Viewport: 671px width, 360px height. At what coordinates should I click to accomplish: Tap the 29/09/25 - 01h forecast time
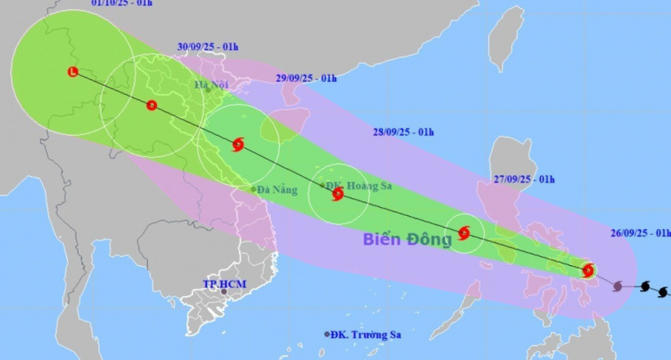tap(306, 78)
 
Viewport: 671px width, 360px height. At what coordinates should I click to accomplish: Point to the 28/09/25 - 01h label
tap(403, 132)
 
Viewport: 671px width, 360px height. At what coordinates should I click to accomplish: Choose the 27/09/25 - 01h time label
tap(525, 179)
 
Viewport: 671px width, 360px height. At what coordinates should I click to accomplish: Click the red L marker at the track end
tap(73, 72)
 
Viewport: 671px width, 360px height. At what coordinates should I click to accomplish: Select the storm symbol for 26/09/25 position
tap(588, 271)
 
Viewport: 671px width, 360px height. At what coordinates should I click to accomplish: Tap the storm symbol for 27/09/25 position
tap(464, 233)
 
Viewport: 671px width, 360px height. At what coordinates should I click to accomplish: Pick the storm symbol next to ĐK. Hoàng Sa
tap(337, 194)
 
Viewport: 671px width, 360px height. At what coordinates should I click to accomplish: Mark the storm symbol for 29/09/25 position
tap(237, 145)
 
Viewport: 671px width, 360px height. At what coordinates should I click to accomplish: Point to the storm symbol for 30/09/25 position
tap(151, 105)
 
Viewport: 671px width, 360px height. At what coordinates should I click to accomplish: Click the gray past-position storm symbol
tap(618, 286)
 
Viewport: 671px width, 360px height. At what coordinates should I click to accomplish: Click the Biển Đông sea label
tap(407, 240)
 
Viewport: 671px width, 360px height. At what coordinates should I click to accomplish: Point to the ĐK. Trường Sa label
tap(368, 334)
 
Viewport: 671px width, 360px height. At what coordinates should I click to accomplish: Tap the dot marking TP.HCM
tap(223, 291)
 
